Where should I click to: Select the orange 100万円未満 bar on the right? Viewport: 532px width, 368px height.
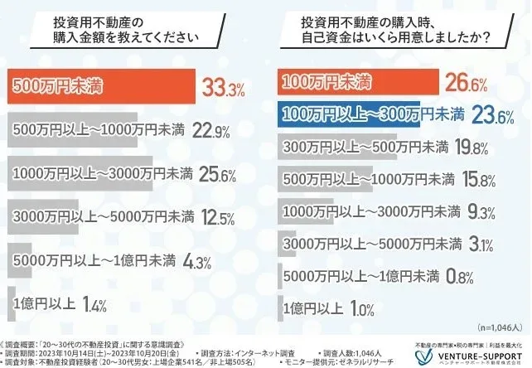(356, 82)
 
